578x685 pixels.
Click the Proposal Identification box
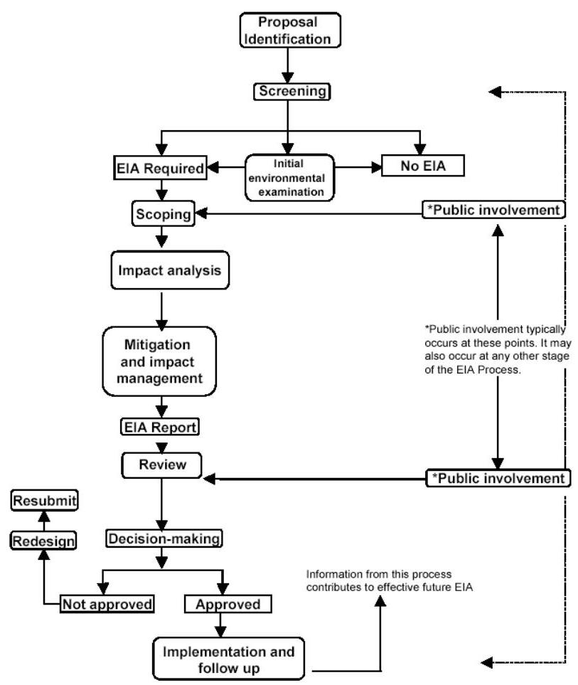[x=288, y=30]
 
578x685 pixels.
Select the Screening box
[x=287, y=91]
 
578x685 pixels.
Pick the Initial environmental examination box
[x=289, y=176]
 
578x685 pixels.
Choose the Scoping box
[x=164, y=213]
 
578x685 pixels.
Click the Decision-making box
[x=164, y=538]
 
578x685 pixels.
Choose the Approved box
[x=222, y=604]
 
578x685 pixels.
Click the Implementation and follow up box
[x=232, y=659]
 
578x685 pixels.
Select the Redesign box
[x=43, y=541]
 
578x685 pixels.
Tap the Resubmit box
[x=44, y=501]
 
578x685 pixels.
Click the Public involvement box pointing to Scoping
[x=493, y=210]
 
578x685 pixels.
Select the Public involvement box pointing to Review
[x=498, y=477]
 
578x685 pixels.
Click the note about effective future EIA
[x=379, y=580]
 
